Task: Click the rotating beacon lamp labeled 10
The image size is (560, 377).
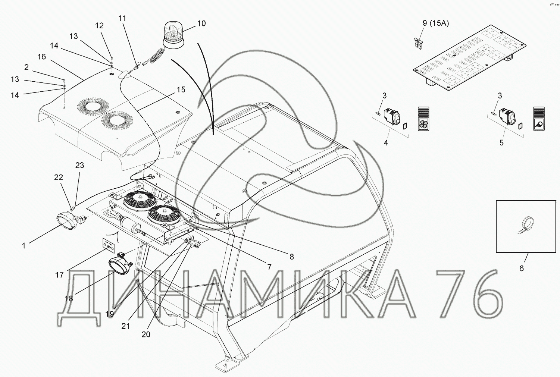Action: click(x=172, y=35)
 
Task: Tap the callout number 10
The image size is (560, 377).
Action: click(x=201, y=23)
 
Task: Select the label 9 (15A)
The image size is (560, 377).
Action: click(x=435, y=23)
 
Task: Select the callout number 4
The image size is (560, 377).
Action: click(x=386, y=142)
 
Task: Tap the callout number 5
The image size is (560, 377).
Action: click(x=501, y=142)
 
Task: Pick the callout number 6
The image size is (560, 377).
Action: click(x=522, y=268)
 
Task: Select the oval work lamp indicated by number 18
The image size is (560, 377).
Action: click(x=119, y=266)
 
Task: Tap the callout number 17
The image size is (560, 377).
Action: click(x=59, y=275)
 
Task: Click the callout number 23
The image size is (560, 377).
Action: click(x=80, y=166)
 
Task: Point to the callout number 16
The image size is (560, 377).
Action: click(x=41, y=57)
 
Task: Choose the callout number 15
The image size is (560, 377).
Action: click(x=181, y=89)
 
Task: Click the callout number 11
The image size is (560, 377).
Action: click(x=122, y=18)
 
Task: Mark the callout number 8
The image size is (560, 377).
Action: click(x=291, y=257)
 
